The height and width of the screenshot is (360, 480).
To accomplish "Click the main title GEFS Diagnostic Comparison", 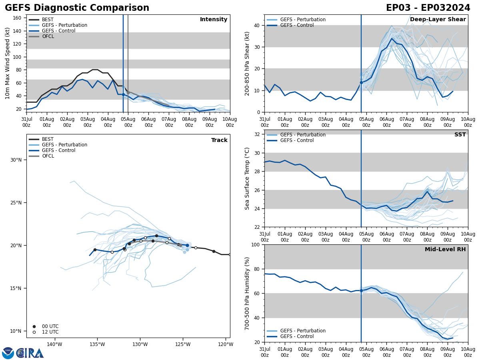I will pos(77,8).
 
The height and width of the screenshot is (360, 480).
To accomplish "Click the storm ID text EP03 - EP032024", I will pos(428,8).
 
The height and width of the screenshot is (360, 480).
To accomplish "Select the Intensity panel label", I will pos(214,20).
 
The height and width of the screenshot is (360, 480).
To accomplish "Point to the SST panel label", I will pos(460,135).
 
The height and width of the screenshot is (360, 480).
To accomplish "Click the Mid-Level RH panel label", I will pos(445,250).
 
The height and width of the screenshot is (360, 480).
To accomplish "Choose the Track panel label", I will pos(219,140).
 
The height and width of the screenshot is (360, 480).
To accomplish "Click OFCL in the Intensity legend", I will pos(48,36).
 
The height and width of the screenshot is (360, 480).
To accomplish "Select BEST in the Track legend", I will pos(48,139).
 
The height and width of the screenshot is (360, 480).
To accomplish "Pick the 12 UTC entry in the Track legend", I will pos(50,332).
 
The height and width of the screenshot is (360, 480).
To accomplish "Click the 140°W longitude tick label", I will pos(54,344).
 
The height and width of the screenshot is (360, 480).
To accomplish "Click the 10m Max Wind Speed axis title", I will pos(8,63).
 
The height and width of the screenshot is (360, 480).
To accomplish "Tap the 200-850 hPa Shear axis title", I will pos(247,63).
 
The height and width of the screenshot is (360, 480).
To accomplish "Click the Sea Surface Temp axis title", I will pos(247,178).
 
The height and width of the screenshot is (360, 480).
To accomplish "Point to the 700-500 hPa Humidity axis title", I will pos(247,293).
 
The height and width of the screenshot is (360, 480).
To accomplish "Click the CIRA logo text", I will pos(30,353).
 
